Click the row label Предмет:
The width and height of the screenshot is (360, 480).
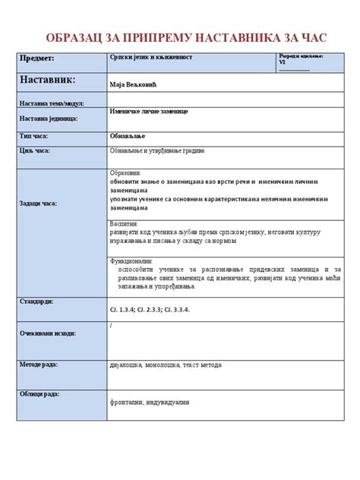pos(36,58)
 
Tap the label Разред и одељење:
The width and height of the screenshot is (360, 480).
pos(301,56)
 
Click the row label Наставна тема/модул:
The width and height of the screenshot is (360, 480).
pos(51,103)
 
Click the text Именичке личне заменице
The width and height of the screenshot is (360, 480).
pos(149,112)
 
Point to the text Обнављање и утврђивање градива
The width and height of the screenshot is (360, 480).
pos(157,150)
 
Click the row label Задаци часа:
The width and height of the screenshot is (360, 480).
pos(38,204)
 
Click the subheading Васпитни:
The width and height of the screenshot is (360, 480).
pos(125,225)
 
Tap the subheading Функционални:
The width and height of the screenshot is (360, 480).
pos(132,261)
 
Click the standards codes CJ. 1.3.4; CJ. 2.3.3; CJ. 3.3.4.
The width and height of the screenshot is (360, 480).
pos(160,310)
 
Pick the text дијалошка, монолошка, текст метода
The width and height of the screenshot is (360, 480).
pos(166,365)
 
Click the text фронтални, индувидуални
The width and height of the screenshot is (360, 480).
pos(149,402)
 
